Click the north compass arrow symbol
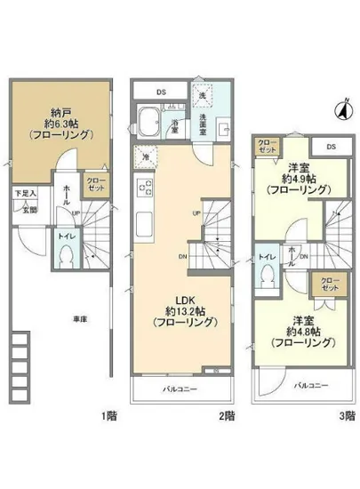click(x=340, y=110)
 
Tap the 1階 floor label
click(x=108, y=414)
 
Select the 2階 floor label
click(x=229, y=414)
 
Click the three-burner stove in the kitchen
click(x=143, y=187)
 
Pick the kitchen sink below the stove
click(x=143, y=220)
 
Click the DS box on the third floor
click(x=330, y=147)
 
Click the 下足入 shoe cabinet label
click(x=24, y=193)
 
